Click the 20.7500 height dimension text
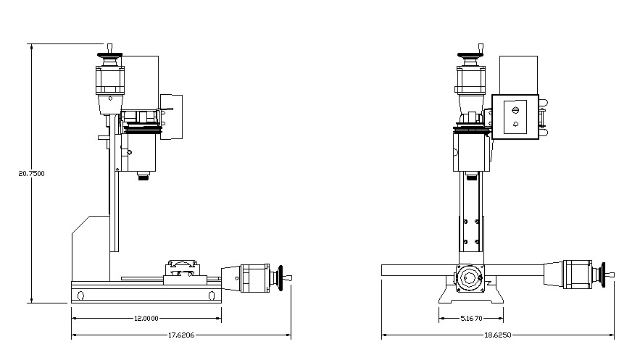(x=31, y=173)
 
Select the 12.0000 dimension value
(x=146, y=318)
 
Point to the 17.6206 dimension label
(x=180, y=335)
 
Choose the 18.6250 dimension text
(x=498, y=335)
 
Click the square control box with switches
(x=515, y=117)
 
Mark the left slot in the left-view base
(x=80, y=295)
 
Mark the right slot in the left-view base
(x=209, y=295)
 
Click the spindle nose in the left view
(x=142, y=176)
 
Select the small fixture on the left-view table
(x=182, y=268)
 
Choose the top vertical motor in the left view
(x=111, y=80)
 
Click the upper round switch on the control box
(x=515, y=111)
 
